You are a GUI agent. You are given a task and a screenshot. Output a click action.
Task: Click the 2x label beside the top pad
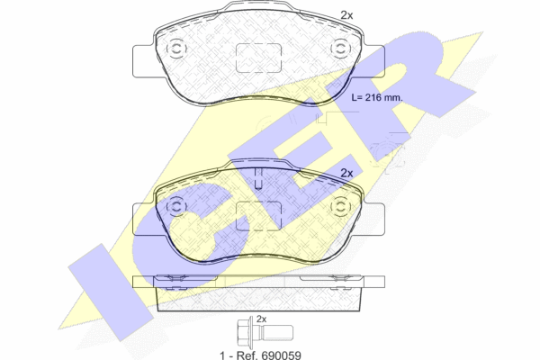coord(346,15)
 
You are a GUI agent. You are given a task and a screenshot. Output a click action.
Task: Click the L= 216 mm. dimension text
coord(377,97)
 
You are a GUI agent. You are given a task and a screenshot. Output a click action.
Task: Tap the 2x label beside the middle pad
coord(346,174)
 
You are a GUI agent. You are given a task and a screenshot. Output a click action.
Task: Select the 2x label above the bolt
coord(262,319)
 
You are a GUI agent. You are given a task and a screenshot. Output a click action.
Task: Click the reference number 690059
coord(282,355)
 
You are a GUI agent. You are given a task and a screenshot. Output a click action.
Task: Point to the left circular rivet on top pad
coord(176,49)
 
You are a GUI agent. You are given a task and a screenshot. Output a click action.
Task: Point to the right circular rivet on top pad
coord(340,49)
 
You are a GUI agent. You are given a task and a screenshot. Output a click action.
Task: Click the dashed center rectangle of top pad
coord(258,58)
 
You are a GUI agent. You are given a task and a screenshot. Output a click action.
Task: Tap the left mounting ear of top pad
coord(144,61)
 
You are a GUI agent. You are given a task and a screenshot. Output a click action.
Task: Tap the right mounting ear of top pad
coord(373,61)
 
